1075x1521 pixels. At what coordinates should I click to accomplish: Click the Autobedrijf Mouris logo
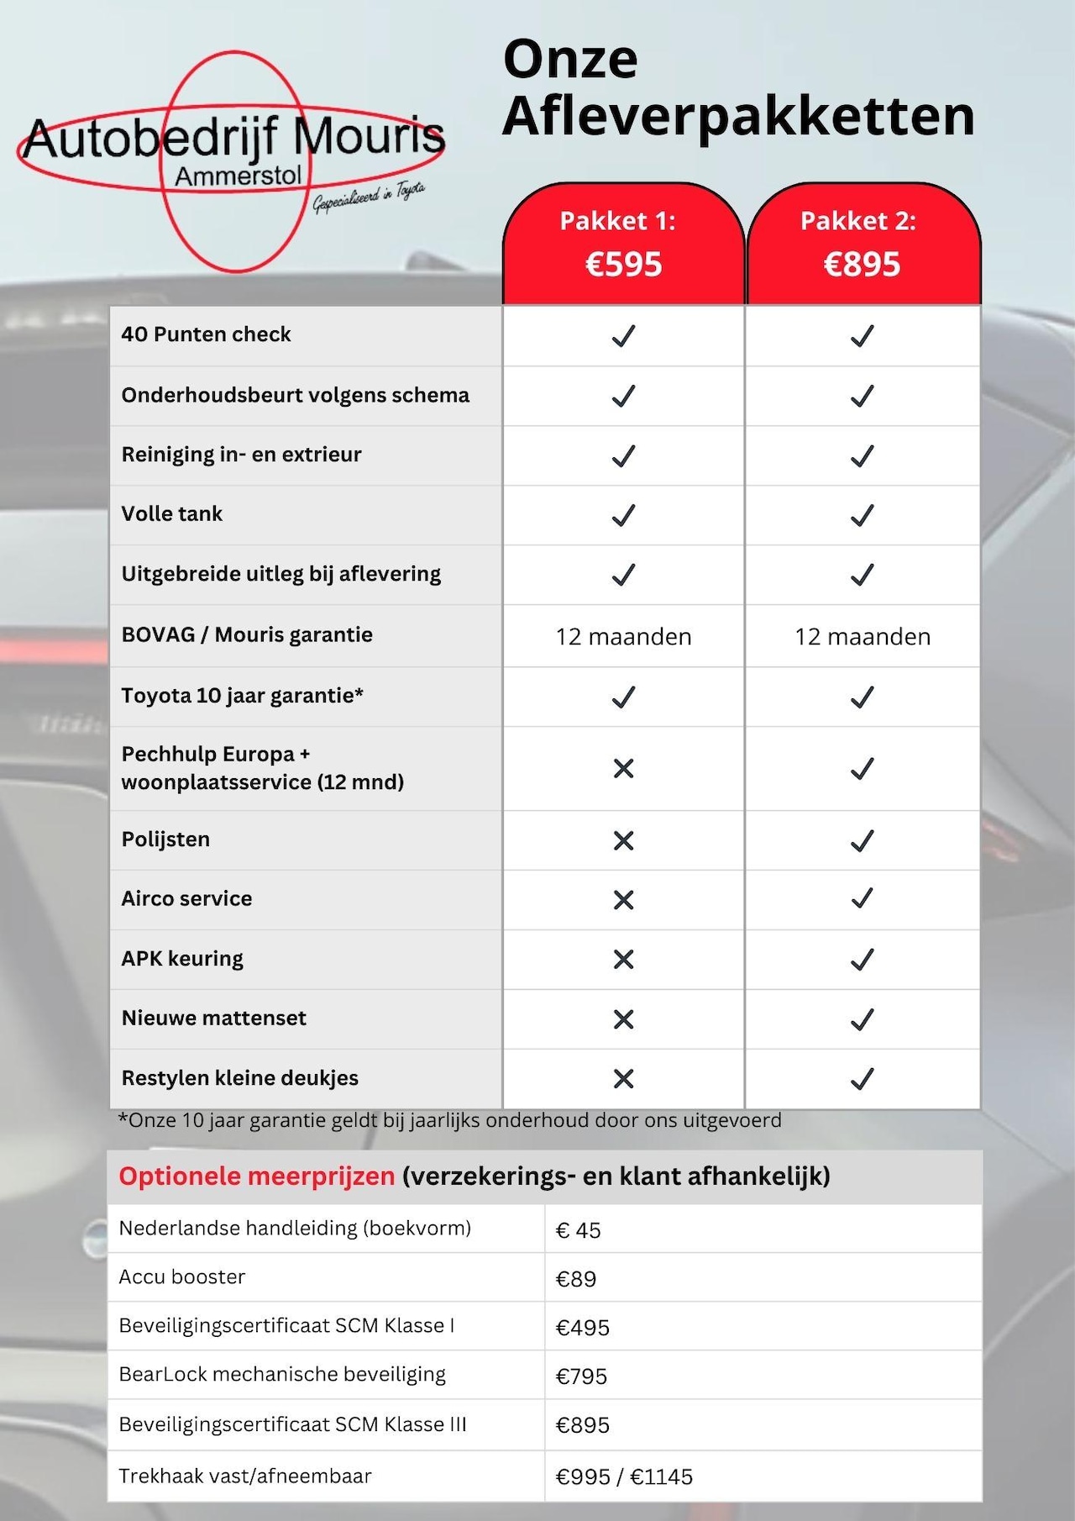pos(232,160)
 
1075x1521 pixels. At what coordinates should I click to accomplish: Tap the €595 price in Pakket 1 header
pos(623,265)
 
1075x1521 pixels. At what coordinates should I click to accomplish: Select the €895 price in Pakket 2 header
pos(862,265)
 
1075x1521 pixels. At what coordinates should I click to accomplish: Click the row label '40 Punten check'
pos(206,334)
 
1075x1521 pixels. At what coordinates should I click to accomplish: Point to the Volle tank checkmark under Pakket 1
pos(623,515)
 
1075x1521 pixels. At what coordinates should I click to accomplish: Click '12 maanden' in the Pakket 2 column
pos(863,637)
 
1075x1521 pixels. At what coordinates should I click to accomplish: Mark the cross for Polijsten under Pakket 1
pos(623,840)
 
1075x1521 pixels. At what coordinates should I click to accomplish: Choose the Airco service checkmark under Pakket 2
pos(862,899)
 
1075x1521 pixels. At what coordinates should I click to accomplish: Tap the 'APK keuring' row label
pos(182,959)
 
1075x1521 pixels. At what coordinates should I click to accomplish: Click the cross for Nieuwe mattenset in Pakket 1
pos(623,1019)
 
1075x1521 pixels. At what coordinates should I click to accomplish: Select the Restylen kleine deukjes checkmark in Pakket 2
pos(862,1078)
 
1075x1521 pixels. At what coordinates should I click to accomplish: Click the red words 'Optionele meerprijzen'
pos(256,1176)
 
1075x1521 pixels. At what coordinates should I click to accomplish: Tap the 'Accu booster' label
pos(181,1277)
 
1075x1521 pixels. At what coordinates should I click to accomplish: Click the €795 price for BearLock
pos(581,1376)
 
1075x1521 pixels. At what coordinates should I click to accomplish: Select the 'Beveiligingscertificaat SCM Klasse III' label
pos(292,1425)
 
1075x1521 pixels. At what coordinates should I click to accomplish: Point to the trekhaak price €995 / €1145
pos(624,1477)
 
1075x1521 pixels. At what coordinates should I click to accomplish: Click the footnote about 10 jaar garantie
pos(450,1121)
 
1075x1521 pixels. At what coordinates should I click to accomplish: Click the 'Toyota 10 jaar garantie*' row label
pos(242,696)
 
